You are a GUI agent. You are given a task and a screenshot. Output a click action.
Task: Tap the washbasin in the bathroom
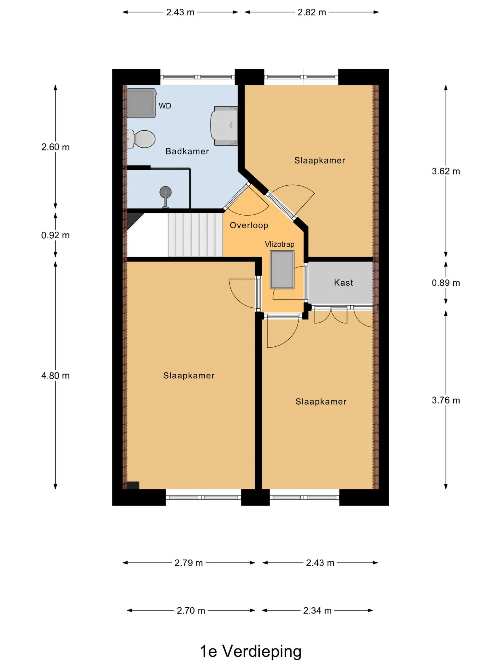coord(224,126)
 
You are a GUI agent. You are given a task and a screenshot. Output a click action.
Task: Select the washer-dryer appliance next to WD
coord(141,103)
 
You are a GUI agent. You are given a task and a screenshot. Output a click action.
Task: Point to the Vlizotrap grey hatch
coord(282,270)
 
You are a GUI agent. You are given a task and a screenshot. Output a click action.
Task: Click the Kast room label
coord(343,283)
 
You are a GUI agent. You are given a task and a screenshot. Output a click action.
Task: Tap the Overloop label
coord(249,225)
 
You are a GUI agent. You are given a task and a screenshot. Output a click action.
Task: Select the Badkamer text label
coord(187,151)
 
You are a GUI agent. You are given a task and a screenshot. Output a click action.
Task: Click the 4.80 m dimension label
coord(56,376)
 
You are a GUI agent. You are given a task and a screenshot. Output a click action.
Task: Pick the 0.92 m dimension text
coord(56,235)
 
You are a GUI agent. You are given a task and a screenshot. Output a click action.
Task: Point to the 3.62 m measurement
coord(446,171)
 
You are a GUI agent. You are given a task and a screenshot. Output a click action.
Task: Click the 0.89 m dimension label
coord(446,283)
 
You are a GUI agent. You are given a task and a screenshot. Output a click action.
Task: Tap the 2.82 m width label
coord(312,12)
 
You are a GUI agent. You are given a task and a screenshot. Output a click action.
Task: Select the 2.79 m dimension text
coord(189,563)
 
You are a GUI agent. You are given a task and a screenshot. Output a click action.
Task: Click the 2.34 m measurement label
coord(317,610)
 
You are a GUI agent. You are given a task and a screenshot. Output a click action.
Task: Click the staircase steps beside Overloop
coord(195,235)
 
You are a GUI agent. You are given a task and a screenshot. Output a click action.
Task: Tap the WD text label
coord(165,106)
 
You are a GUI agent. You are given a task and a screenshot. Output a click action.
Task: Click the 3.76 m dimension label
coord(446,400)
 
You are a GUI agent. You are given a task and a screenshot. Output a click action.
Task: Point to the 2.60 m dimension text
coord(56,147)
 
